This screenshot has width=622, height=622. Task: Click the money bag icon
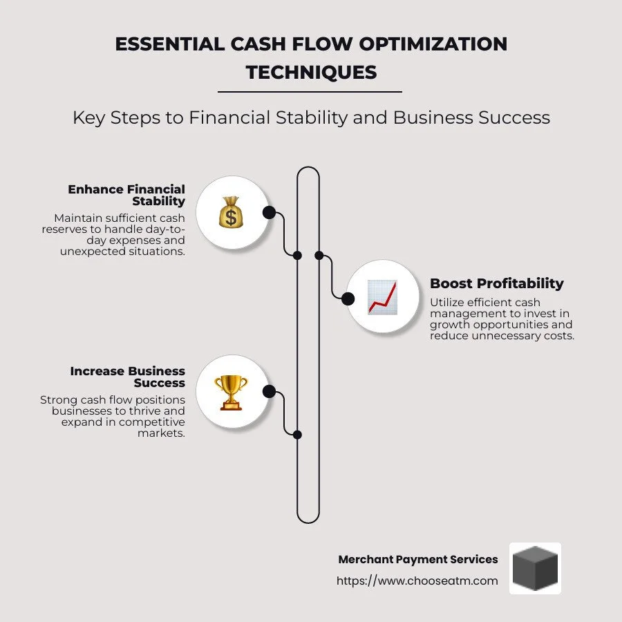[232, 212]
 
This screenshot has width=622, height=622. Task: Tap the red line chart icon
[382, 296]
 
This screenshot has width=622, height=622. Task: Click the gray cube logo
[535, 568]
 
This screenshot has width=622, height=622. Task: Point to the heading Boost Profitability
[496, 283]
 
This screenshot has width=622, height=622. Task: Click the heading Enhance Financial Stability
[126, 195]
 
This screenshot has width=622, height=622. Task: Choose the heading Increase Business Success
[128, 377]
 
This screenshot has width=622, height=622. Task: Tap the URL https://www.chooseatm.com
[417, 581]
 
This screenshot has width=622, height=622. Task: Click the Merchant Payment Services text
[417, 559]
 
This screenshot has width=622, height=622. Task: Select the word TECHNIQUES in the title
[311, 72]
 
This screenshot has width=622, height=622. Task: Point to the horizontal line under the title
[310, 91]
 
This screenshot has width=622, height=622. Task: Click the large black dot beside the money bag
[269, 212]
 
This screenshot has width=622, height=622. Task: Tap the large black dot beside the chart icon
[348, 298]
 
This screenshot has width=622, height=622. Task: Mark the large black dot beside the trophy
[269, 392]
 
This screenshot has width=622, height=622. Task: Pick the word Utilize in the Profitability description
[450, 302]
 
